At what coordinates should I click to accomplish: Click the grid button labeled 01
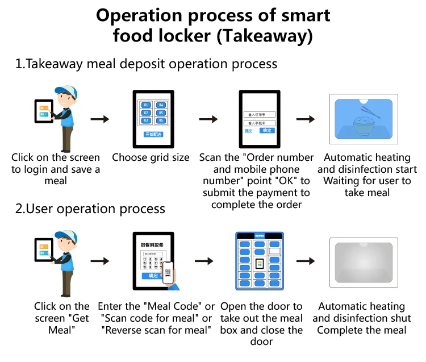tap(145, 105)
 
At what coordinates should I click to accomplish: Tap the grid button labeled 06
tap(161, 120)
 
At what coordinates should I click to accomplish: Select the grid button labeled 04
tap(161, 105)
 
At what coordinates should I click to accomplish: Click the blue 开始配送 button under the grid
tap(153, 134)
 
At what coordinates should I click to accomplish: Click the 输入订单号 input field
tap(260, 114)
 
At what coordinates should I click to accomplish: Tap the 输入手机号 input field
tap(260, 123)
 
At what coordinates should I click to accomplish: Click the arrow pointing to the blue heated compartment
tap(307, 119)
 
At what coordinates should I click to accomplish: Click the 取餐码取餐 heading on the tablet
tap(152, 245)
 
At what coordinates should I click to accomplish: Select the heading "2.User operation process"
tap(90, 209)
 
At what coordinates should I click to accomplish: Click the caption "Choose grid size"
tap(151, 157)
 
